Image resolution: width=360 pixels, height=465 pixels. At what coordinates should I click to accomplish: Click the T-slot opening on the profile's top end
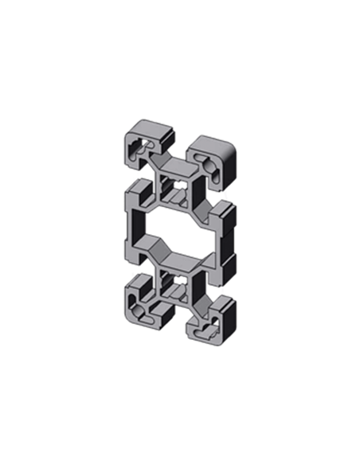(x=178, y=147)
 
